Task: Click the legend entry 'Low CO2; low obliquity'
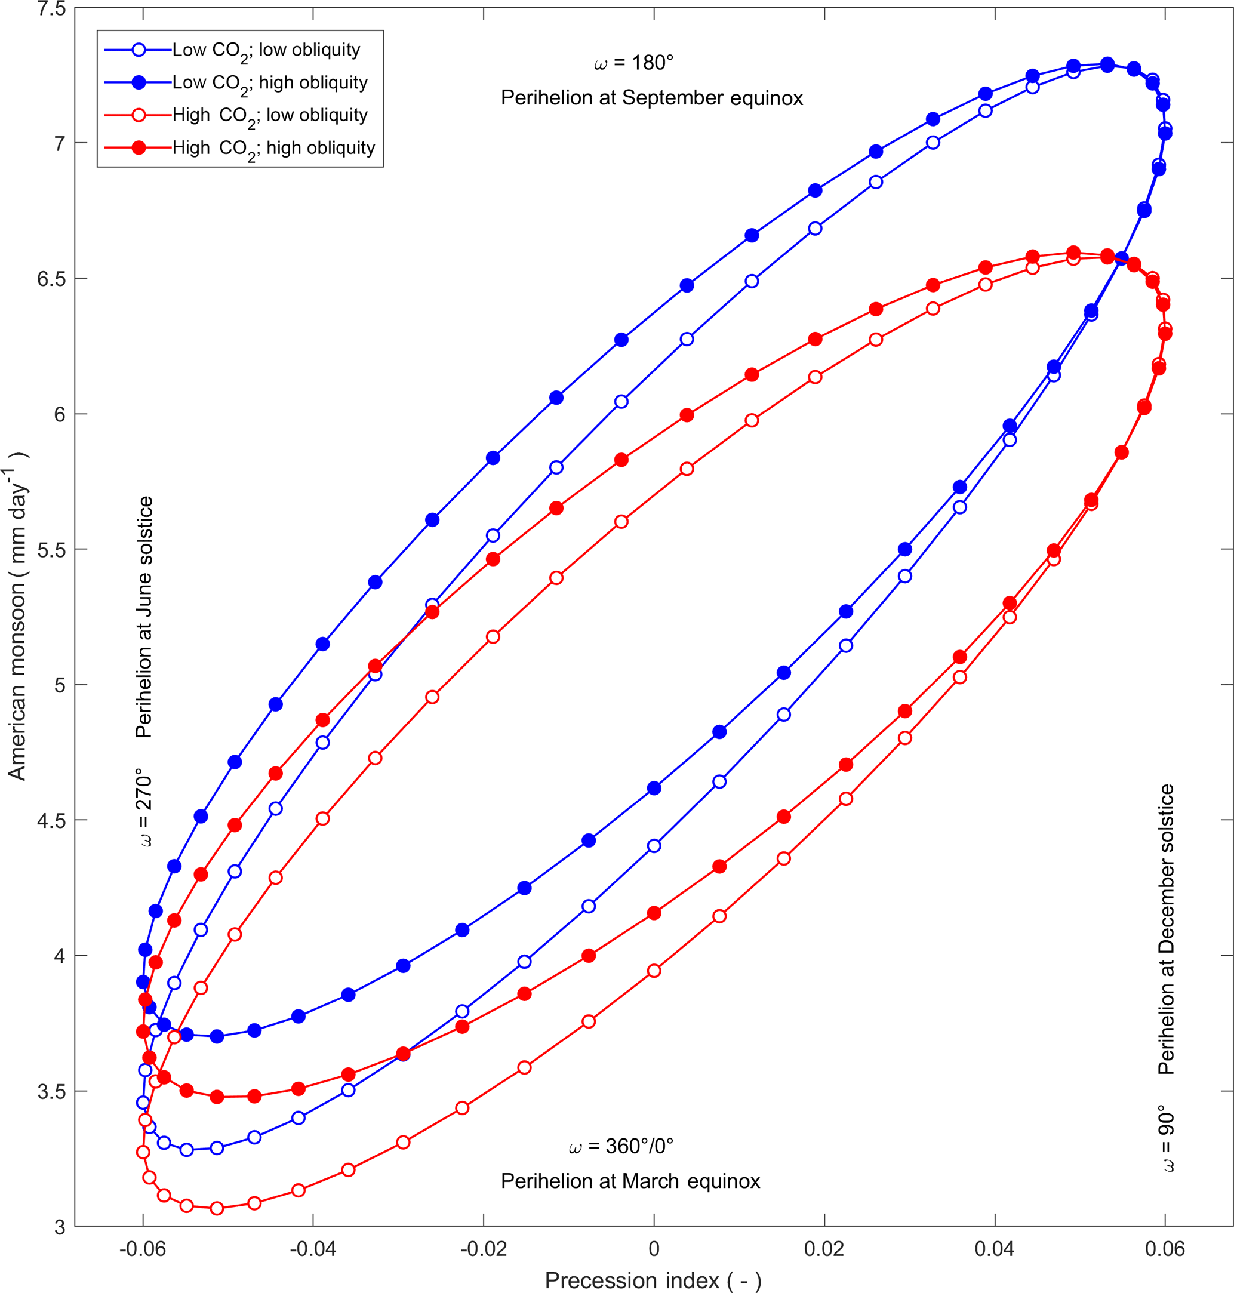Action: (x=266, y=50)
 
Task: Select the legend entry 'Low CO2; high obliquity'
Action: (x=270, y=83)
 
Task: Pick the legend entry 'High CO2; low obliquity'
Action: (x=270, y=115)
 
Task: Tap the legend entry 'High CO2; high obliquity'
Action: (x=273, y=148)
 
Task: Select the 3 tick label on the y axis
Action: (x=60, y=1227)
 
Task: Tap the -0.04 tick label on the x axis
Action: (x=312, y=1249)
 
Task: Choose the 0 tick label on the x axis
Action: (x=653, y=1249)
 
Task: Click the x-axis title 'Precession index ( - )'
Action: (x=653, y=1280)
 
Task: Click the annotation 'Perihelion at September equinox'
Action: (x=652, y=98)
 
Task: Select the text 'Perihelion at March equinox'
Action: (x=630, y=1181)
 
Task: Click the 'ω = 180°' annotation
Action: (x=633, y=63)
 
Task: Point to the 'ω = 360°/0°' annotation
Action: (x=621, y=1146)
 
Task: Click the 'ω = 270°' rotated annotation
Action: (x=144, y=808)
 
